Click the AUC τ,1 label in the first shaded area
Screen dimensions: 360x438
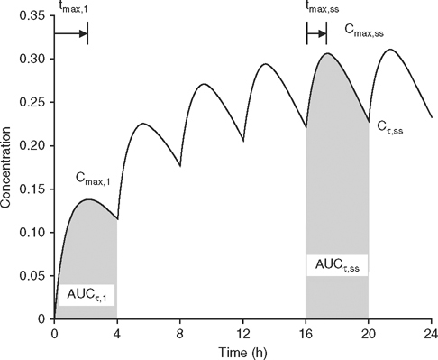pyautogui.click(x=87, y=295)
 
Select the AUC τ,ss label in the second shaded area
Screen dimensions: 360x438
pyautogui.click(x=336, y=265)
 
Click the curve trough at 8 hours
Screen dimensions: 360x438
pyautogui.click(x=180, y=166)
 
